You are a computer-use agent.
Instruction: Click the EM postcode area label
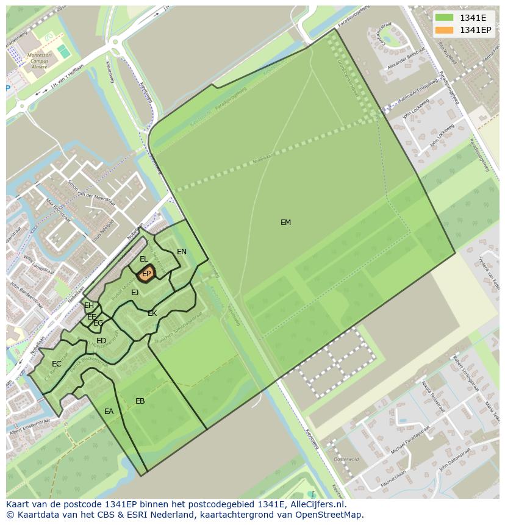click(x=285, y=223)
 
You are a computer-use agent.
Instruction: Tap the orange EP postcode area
click(x=146, y=274)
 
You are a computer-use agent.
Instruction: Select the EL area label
click(x=144, y=259)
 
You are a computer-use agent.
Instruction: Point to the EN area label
click(x=182, y=252)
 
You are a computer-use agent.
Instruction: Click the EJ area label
click(x=135, y=293)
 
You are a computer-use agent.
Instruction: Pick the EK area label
click(x=152, y=313)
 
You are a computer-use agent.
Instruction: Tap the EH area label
click(x=89, y=305)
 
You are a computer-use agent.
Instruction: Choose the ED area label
click(x=101, y=341)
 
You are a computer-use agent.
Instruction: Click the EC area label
click(x=57, y=364)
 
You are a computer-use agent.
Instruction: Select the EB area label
click(x=140, y=401)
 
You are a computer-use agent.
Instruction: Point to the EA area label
click(x=109, y=412)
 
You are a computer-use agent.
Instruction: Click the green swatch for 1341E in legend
click(x=444, y=18)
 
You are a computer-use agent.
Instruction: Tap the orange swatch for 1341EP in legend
click(x=444, y=30)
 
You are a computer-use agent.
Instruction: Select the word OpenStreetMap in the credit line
click(x=329, y=515)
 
